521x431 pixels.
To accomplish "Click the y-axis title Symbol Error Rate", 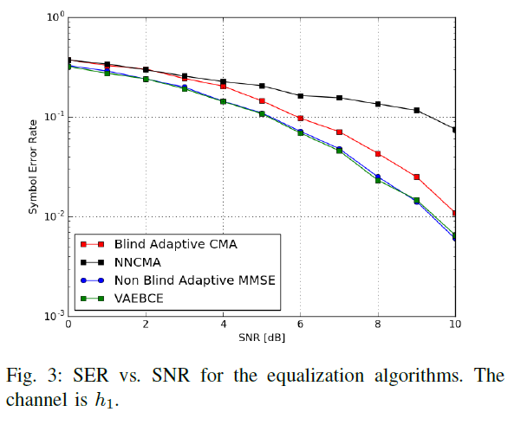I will point(33,167).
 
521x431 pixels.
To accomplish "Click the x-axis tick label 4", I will point(223,325).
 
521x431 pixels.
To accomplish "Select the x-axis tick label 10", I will point(454,325).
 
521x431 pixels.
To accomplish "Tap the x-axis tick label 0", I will point(68,325).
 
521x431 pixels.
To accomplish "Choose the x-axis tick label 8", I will point(378,325).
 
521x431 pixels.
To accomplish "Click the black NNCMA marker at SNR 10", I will point(455,130).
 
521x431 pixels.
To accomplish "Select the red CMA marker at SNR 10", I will point(455,213).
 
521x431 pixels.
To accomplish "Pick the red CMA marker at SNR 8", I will point(378,153).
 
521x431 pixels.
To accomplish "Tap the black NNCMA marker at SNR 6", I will point(301,96).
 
